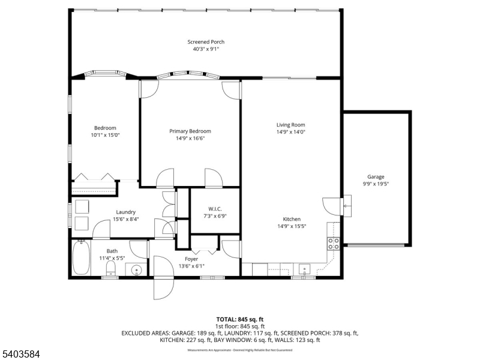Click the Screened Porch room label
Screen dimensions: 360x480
[x=206, y=42]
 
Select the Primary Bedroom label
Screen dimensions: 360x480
[x=189, y=131]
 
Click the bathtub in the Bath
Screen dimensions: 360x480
[x=81, y=257]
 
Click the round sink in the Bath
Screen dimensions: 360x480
[x=137, y=271]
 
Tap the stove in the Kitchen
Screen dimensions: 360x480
[x=333, y=243]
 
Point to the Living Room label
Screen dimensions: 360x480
[x=291, y=125]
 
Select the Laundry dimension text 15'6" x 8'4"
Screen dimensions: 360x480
[x=125, y=219]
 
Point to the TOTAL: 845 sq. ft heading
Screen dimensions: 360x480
[x=240, y=319]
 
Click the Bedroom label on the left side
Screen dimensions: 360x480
[x=105, y=128]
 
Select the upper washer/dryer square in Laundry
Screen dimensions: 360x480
[x=80, y=207]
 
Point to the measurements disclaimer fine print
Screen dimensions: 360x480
[x=239, y=350]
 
